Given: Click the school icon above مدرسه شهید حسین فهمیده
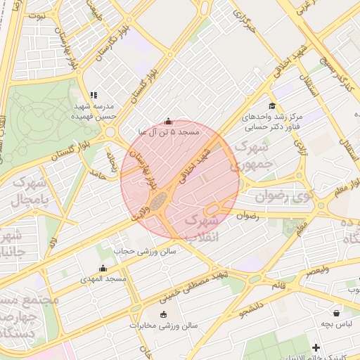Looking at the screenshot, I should point(94,95).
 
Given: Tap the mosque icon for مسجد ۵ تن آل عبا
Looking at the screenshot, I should point(167,121).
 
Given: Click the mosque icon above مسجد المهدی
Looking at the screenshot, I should point(103,268).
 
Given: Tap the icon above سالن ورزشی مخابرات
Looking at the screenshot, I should point(164,315).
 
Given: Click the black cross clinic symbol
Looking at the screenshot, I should point(316,347).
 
